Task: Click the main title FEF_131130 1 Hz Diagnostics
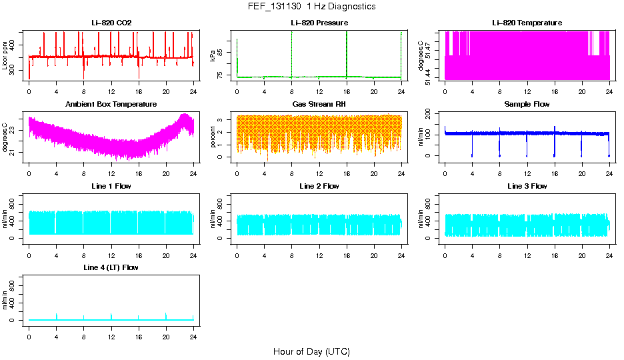[x=311, y=7]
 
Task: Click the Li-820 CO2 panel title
[x=111, y=23]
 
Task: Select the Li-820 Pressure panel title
[x=319, y=23]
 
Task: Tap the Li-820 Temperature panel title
[x=527, y=23]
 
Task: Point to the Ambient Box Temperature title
[x=111, y=105]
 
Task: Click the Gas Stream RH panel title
[x=319, y=105]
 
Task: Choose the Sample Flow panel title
[x=527, y=105]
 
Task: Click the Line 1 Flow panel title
[x=111, y=186]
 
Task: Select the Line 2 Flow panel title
[x=319, y=186]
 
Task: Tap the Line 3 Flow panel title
[x=527, y=186]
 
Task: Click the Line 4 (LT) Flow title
[x=111, y=267]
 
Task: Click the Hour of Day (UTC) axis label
[x=311, y=351]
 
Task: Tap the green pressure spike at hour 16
[x=347, y=47]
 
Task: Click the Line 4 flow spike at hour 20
[x=166, y=315]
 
